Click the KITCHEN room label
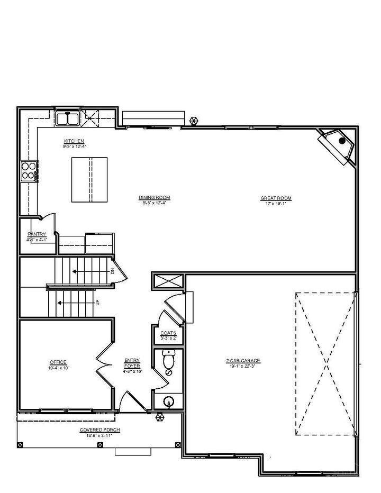tap(74, 141)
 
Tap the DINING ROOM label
tap(155, 198)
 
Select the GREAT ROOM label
tap(276, 198)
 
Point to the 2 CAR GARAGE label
tap(243, 361)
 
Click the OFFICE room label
tap(59, 362)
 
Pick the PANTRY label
tap(37, 234)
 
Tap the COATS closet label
tap(168, 333)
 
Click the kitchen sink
tap(68, 118)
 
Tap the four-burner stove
tap(29, 171)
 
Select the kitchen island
tap(89, 179)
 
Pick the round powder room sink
tap(169, 401)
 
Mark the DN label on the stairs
tap(113, 271)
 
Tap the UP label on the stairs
tap(98, 303)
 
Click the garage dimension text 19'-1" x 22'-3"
tap(243, 366)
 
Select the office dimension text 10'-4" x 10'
tap(59, 367)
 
